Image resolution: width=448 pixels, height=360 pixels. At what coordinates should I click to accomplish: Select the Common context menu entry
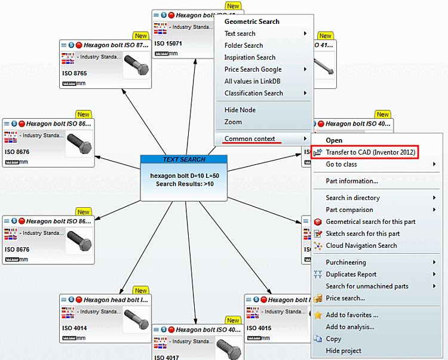(250, 139)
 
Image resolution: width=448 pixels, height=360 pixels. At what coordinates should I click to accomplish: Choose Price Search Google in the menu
(253, 69)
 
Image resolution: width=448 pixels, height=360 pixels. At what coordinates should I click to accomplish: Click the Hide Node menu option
(240, 110)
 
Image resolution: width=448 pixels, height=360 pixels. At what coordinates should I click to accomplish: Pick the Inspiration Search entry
(250, 57)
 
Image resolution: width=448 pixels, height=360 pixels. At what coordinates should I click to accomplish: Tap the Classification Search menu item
(253, 93)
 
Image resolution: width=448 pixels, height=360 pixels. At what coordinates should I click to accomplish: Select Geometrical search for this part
(370, 221)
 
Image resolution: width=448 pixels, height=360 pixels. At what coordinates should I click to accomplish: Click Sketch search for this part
(363, 233)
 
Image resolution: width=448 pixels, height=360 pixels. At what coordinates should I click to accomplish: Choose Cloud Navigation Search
(361, 245)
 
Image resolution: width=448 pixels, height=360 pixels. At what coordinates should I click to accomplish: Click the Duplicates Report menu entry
(351, 274)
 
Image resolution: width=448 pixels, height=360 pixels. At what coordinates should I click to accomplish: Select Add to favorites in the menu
(352, 315)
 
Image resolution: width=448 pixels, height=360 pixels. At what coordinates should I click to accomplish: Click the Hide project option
(343, 350)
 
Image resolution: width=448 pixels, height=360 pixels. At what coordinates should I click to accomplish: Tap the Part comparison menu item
(349, 210)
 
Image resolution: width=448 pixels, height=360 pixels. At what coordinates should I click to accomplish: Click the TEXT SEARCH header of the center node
(184, 159)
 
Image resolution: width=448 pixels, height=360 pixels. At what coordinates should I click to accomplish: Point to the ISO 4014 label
(74, 328)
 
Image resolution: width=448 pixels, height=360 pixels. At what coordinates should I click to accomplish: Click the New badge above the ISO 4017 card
(232, 321)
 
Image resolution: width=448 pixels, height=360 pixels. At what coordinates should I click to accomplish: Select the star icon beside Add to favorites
(318, 315)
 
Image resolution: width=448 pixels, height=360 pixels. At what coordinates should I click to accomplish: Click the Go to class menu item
(341, 164)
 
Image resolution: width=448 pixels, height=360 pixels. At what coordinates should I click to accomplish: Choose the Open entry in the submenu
(334, 140)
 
